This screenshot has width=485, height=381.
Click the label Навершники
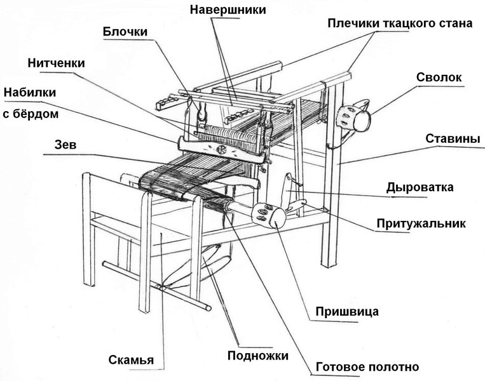coord(227,10)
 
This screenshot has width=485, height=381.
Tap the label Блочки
coord(125,32)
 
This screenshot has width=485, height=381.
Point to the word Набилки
coord(30,93)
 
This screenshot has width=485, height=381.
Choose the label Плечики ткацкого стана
coord(400,24)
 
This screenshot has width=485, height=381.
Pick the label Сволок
coord(439,77)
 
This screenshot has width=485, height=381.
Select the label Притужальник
coord(430,224)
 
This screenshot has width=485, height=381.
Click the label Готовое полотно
coord(367,367)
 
